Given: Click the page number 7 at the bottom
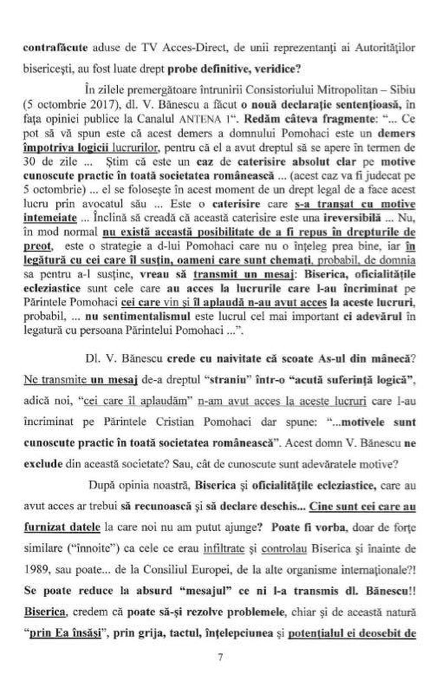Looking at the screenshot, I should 220,657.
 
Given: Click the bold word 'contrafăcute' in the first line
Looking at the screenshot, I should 48,48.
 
